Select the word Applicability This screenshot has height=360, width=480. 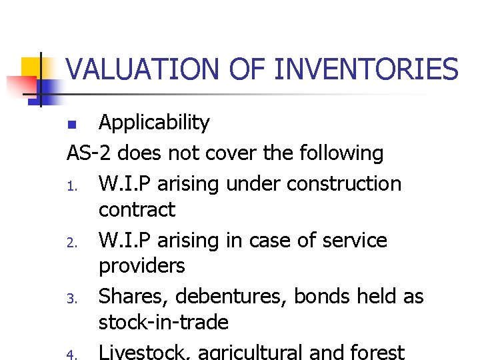coord(154,123)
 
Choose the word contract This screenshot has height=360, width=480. coord(137,210)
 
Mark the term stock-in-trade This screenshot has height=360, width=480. coord(163,323)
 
